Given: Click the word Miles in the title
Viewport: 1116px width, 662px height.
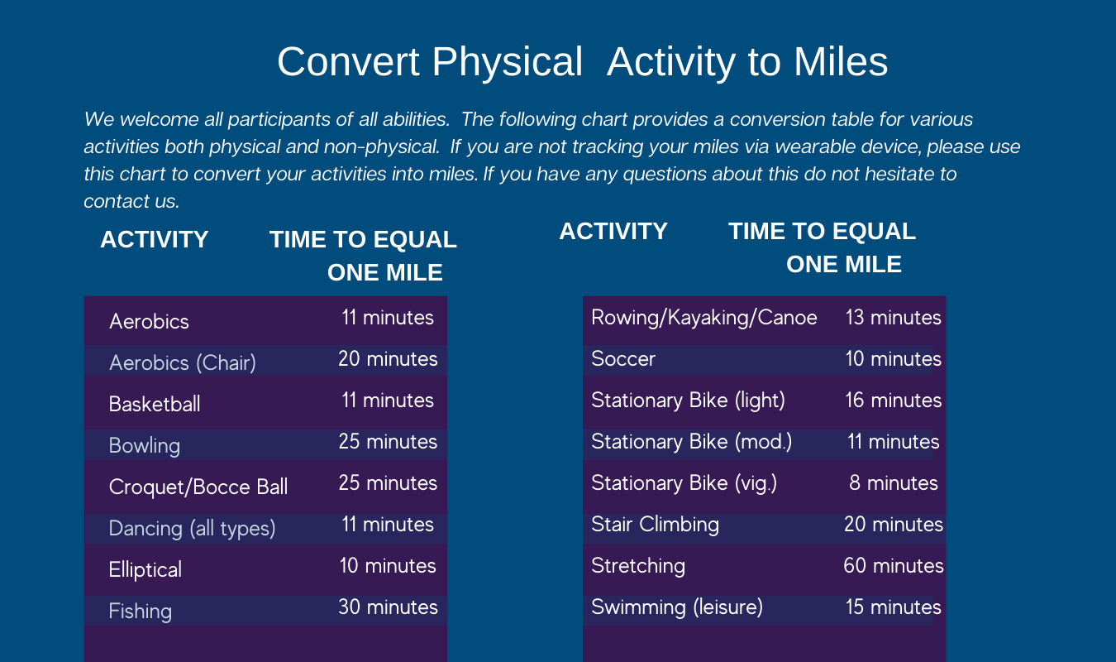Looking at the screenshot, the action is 841,62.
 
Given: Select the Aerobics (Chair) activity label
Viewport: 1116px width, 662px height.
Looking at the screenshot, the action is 183,362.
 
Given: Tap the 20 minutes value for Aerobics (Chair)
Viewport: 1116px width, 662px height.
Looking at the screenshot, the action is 388,358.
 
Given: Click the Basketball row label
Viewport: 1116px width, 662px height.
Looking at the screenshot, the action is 155,404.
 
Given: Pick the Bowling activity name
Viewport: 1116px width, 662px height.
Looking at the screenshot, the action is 145,445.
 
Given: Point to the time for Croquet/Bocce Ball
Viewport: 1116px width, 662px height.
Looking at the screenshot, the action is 388,483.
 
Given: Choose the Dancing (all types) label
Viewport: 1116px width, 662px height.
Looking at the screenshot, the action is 192,528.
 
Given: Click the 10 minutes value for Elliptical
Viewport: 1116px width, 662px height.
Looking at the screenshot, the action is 388,566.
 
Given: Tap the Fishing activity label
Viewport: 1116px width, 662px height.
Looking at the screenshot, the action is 140,612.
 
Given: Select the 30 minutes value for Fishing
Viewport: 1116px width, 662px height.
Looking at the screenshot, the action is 388,607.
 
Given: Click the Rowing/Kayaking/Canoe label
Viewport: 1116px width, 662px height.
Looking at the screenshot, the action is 704,318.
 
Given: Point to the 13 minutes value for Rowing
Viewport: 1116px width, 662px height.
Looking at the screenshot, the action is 894,317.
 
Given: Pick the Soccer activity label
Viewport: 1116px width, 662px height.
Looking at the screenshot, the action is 622,358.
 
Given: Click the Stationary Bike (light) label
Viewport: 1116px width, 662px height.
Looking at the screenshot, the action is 688,401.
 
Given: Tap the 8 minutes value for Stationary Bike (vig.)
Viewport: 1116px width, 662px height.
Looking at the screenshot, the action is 894,483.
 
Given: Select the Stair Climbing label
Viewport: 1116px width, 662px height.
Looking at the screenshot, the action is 656,525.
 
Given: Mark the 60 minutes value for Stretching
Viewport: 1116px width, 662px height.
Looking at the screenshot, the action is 894,566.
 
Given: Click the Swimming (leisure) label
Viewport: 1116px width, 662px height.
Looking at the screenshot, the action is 677,607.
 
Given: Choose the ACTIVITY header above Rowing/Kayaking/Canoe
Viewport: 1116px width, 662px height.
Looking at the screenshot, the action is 613,231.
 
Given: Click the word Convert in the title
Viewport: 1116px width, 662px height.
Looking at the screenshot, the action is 348,62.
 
